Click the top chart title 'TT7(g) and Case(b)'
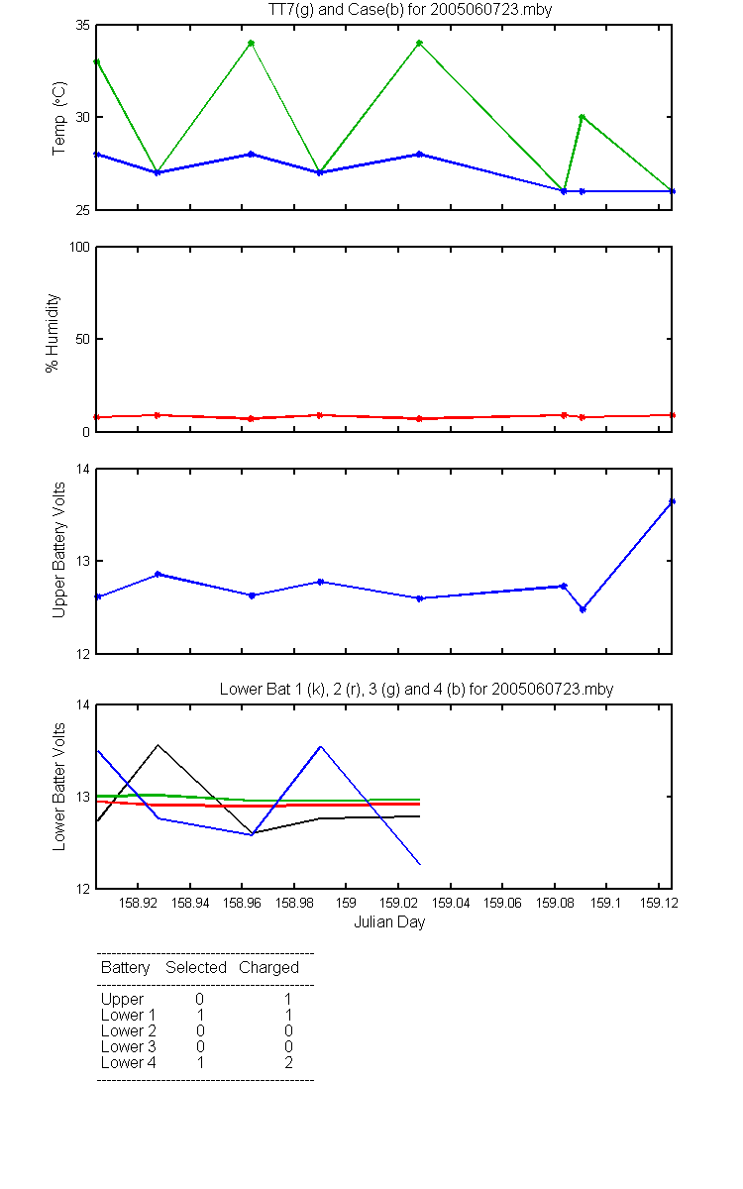[336, 10]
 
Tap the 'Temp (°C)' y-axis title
[58, 118]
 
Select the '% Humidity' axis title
[52, 333]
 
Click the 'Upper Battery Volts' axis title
[58, 550]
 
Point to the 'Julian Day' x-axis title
[389, 922]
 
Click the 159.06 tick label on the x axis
[502, 903]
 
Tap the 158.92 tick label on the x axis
[138, 903]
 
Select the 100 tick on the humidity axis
[79, 248]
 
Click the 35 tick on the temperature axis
[83, 26]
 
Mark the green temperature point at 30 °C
[582, 117]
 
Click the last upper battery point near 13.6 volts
[672, 501]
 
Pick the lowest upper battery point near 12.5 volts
[583, 609]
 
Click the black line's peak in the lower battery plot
[158, 745]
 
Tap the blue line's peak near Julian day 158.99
[321, 747]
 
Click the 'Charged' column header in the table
[268, 968]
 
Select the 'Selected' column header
[196, 967]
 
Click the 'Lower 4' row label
[129, 1062]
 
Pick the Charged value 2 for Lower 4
[288, 1062]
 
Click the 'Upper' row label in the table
[122, 1000]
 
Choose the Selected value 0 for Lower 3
[200, 1046]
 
